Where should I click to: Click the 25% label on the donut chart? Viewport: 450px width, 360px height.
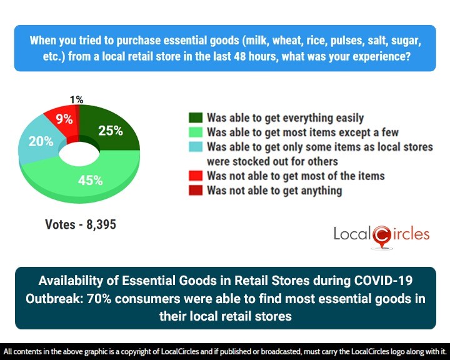pos(111,131)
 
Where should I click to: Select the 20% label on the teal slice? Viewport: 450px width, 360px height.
pos(41,141)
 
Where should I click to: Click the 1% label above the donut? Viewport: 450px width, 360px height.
pos(77,99)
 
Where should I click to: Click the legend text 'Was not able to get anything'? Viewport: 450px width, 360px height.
pos(274,190)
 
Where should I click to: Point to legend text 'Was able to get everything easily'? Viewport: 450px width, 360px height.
pos(285,117)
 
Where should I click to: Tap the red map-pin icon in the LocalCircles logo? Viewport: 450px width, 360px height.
pos(381,236)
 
